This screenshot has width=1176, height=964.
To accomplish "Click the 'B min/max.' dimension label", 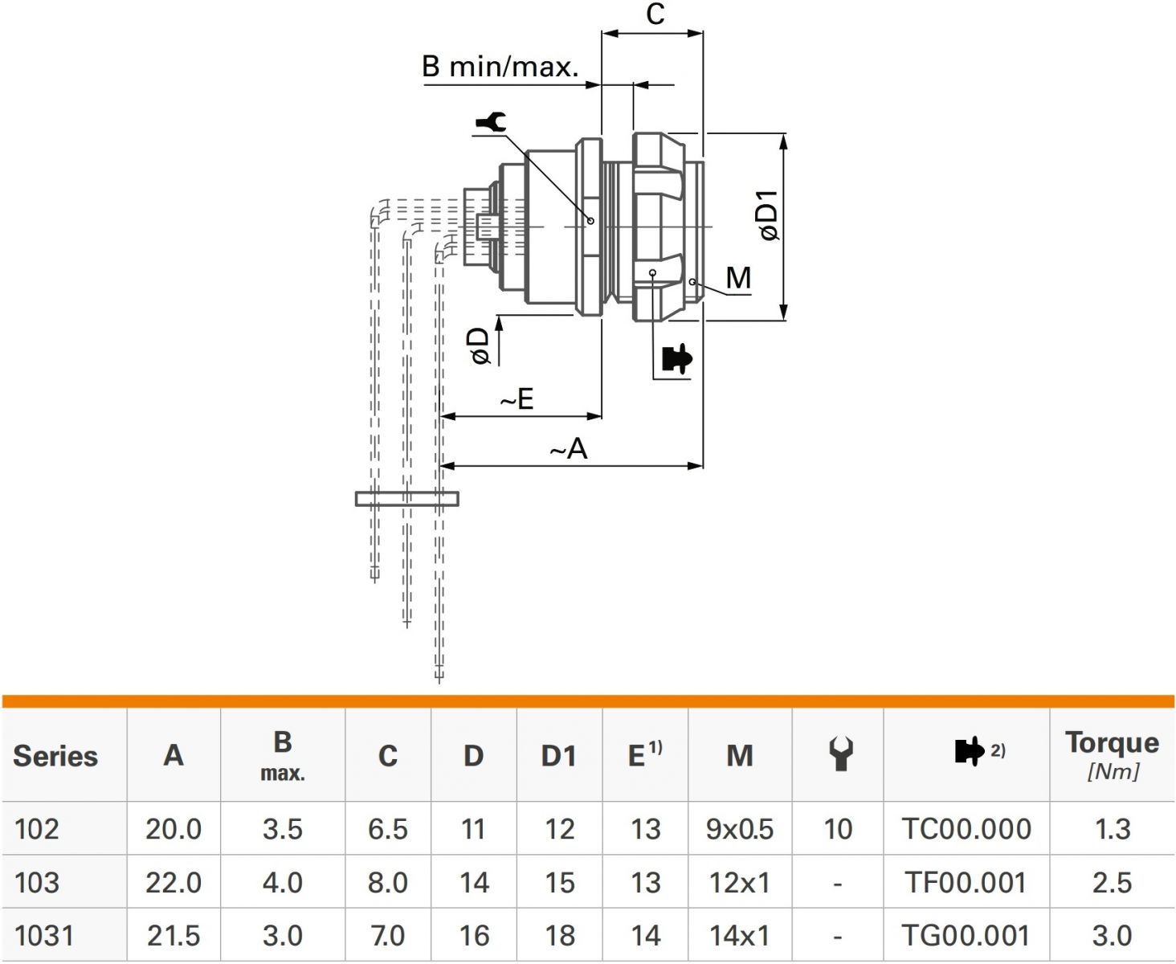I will coord(500,67).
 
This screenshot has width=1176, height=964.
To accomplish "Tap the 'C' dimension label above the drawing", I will coord(655,14).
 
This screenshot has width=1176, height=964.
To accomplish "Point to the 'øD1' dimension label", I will coord(769,215).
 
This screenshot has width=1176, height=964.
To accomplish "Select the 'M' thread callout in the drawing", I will coord(738,278).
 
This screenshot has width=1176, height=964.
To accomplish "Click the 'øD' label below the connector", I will coord(480,346).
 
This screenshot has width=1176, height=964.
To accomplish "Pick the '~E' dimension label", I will coord(517,398).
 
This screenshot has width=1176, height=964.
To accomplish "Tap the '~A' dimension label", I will coord(569,449).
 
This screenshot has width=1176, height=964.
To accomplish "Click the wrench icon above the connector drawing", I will coord(492,122).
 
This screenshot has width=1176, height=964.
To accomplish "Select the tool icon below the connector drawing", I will coord(676,359).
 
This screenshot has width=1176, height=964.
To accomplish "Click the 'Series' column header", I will coord(55,756).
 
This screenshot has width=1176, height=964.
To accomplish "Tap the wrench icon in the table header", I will coord(840,754).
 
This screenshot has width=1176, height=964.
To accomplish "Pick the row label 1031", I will coord(44,936).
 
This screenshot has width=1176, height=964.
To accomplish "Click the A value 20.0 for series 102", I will coord(174,829).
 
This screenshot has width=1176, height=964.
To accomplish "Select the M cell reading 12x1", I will coord(739,883).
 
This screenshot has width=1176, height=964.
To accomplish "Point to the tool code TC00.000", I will coord(966,829).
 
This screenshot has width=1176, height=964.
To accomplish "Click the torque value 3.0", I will coord(1112,936).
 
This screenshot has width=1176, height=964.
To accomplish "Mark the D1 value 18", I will coord(559,936).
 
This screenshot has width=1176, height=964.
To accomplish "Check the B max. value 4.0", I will coord(282,883).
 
